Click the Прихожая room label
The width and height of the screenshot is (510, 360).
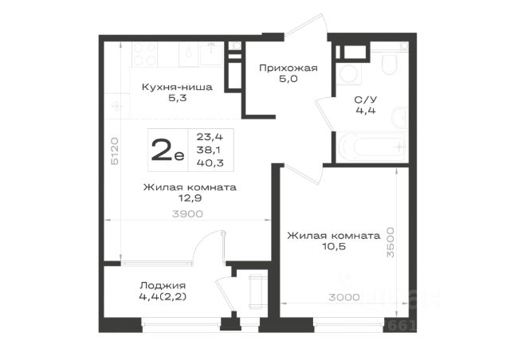click(288, 68)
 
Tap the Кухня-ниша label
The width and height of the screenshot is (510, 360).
click(177, 87)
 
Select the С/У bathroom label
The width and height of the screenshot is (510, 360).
click(366, 100)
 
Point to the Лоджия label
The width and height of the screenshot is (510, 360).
click(163, 285)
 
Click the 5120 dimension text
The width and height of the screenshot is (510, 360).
click(115, 151)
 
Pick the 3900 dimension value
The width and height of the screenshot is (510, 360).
click(188, 213)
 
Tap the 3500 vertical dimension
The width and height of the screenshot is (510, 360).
click(390, 243)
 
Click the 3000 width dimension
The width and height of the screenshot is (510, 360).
click(344, 297)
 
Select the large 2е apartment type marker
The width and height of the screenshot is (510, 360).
click(167, 150)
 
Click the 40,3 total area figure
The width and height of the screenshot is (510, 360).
click(210, 162)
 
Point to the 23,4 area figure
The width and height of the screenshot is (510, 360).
click(210, 137)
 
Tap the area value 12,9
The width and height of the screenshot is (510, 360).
click(190, 198)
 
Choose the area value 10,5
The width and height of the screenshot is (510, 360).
click(334, 246)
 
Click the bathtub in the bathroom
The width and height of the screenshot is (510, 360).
click(371, 147)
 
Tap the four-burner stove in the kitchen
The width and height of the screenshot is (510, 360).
click(145, 54)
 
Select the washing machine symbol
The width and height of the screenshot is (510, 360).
click(348, 74)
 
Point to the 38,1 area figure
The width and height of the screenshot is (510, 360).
click(209, 150)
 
